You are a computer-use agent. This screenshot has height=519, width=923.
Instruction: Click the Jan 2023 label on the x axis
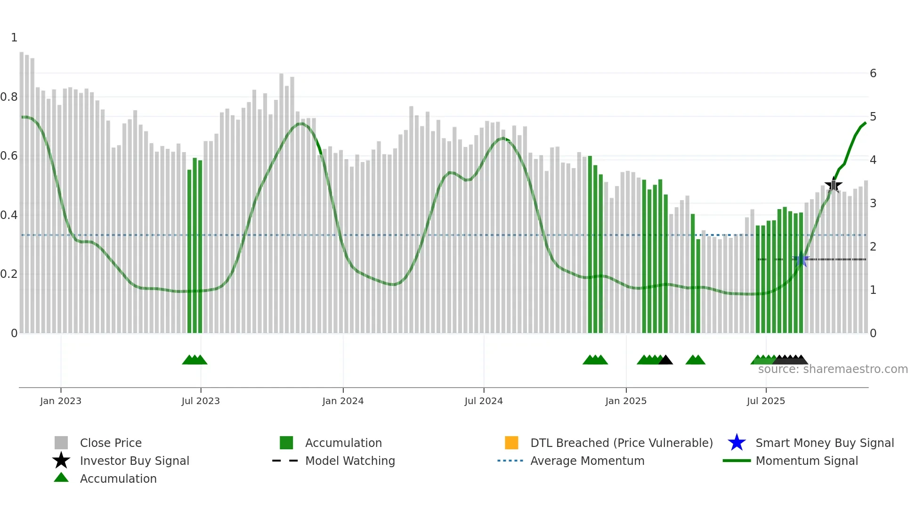[61, 401]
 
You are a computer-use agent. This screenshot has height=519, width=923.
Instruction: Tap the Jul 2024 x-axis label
[484, 401]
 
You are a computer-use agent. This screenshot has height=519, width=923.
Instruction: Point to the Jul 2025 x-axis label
[766, 401]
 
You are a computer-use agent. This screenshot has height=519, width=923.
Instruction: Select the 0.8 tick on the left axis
[9, 97]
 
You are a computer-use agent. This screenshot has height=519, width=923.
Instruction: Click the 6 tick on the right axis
[873, 73]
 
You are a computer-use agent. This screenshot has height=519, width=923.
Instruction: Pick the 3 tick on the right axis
[873, 203]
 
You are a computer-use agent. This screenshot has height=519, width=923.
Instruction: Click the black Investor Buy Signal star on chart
[834, 186]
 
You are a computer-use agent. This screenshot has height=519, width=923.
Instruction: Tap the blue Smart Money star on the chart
[801, 259]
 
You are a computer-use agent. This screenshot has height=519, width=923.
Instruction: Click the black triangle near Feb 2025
[665, 360]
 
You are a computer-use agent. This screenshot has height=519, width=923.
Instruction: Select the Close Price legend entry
[111, 443]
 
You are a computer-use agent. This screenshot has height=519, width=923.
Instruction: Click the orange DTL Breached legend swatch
[511, 443]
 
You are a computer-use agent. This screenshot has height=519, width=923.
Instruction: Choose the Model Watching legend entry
[350, 461]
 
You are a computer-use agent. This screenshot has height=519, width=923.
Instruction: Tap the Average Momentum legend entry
[587, 461]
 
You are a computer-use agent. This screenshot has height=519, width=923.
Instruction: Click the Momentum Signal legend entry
[807, 461]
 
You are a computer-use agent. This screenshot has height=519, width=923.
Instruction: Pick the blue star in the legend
[737, 443]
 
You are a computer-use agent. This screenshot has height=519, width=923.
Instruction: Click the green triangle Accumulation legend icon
[61, 478]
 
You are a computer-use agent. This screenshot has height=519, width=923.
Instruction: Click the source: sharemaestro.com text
[833, 369]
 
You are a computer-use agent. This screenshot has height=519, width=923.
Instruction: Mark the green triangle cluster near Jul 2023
[194, 360]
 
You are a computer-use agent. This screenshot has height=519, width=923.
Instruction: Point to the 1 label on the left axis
[14, 38]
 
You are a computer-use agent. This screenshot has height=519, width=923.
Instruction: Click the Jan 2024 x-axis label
[343, 401]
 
